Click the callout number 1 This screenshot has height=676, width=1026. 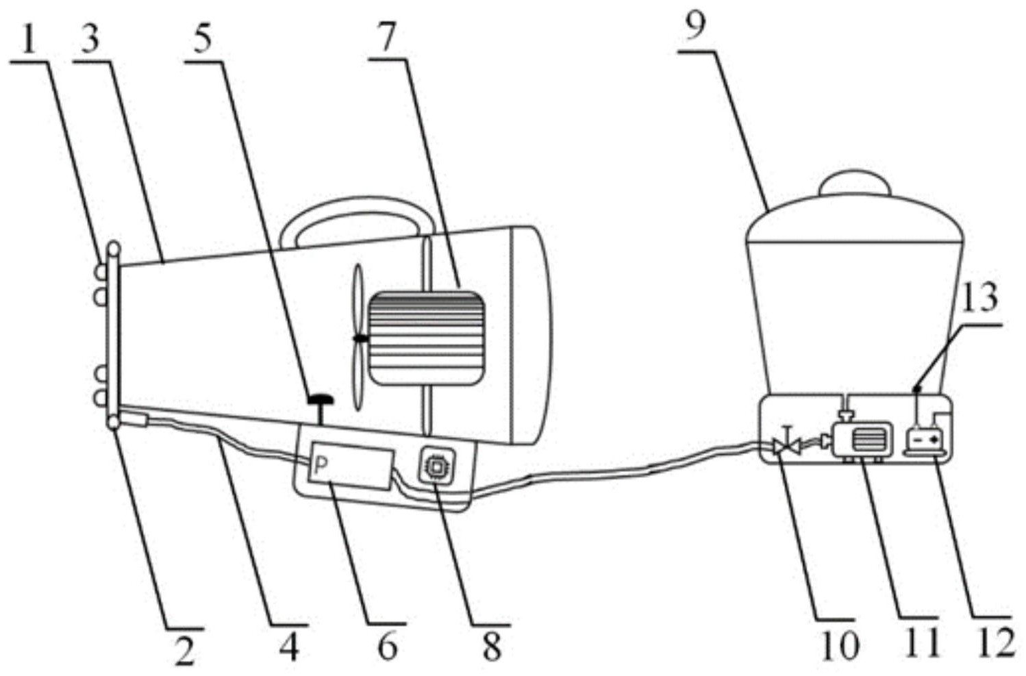[x=28, y=42]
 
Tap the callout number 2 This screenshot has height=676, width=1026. [x=185, y=649]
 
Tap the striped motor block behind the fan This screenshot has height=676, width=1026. [x=427, y=338]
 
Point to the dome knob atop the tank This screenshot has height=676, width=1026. [x=855, y=183]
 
